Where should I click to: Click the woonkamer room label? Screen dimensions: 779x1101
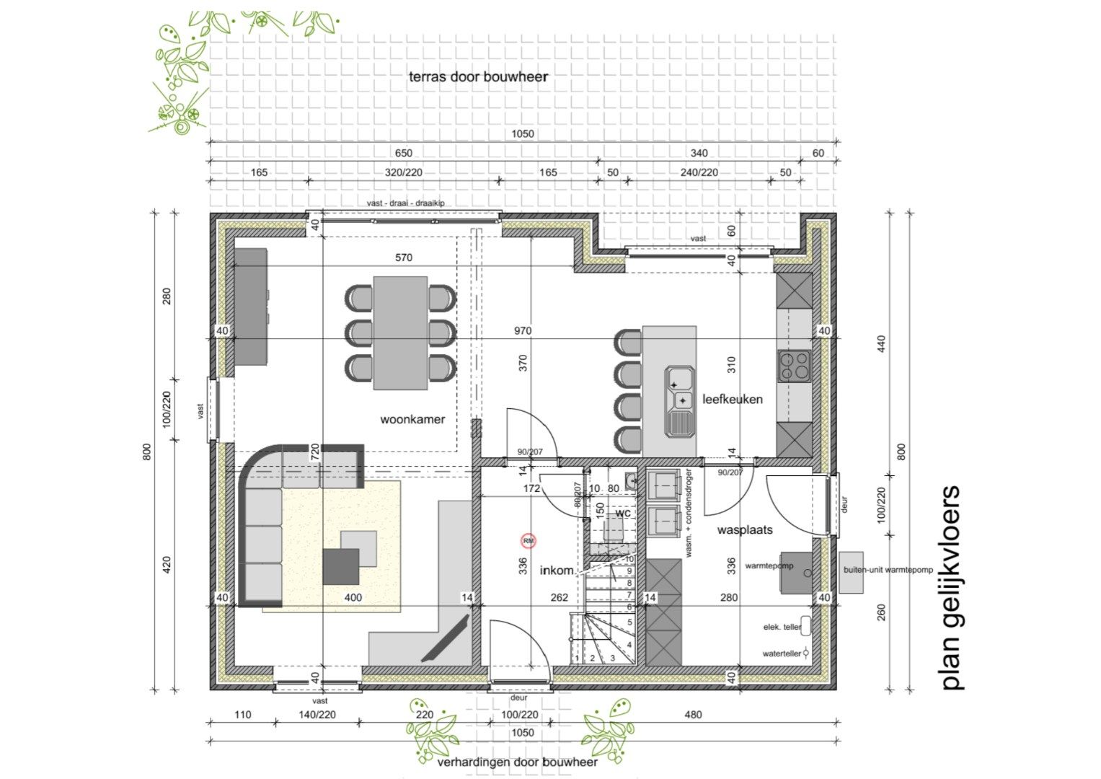tap(412, 419)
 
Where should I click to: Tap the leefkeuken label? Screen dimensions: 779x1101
tap(732, 399)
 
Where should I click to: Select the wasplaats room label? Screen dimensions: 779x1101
tap(744, 529)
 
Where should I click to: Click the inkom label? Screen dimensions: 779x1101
tap(557, 571)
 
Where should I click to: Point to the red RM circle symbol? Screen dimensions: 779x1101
tap(529, 540)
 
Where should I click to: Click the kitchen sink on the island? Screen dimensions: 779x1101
tap(680, 400)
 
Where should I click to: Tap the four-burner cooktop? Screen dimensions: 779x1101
tap(794, 365)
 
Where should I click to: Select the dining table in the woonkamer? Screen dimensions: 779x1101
tap(400, 332)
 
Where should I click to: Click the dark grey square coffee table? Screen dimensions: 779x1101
tap(341, 566)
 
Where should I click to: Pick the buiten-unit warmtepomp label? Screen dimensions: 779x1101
tap(888, 570)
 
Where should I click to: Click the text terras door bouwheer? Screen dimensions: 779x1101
tap(478, 76)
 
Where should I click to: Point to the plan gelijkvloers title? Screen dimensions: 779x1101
tap(951, 588)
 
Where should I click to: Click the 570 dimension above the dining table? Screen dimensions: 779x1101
tap(404, 258)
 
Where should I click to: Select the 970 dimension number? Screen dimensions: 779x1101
tap(523, 331)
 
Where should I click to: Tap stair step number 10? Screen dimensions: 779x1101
tap(629, 559)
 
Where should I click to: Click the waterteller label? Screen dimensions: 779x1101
tap(782, 653)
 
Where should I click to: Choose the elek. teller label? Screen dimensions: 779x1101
tap(782, 628)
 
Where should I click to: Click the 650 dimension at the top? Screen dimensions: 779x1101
tap(404, 153)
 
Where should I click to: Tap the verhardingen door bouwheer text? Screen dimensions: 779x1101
tap(517, 762)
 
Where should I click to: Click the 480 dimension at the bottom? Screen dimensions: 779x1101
tap(692, 715)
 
